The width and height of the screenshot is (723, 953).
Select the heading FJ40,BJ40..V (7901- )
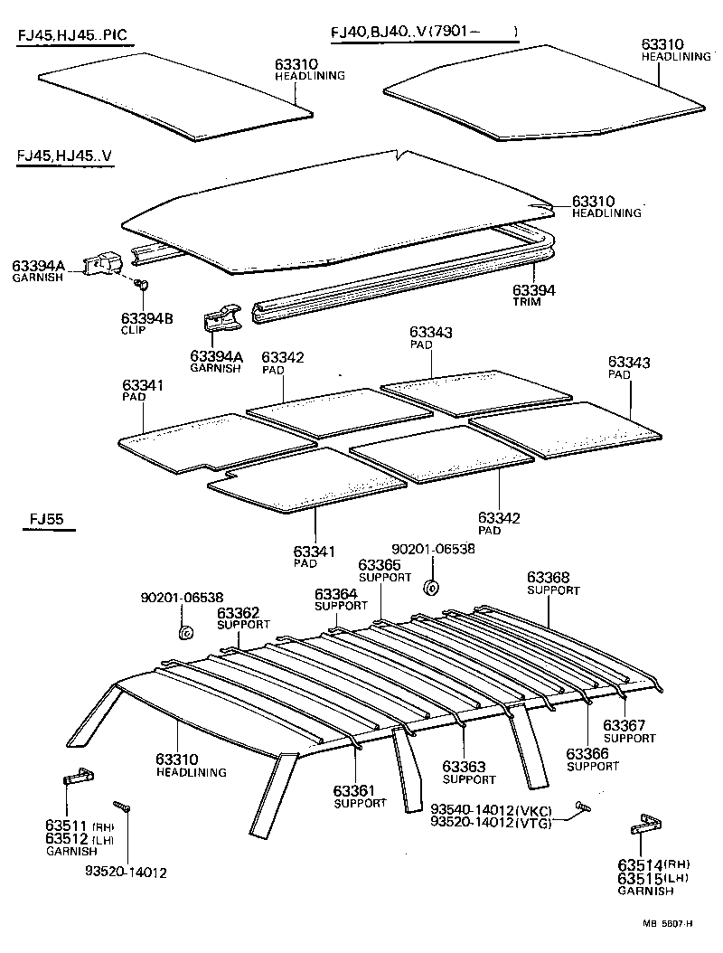pos(423,33)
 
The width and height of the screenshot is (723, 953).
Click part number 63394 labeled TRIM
pos(533,290)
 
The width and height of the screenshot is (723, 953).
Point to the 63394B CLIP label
pos(146,318)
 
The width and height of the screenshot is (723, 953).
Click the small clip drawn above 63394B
pos(141,286)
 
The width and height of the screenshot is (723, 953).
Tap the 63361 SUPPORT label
pos(359,791)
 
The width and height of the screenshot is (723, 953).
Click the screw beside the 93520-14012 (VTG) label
pos(582,805)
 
